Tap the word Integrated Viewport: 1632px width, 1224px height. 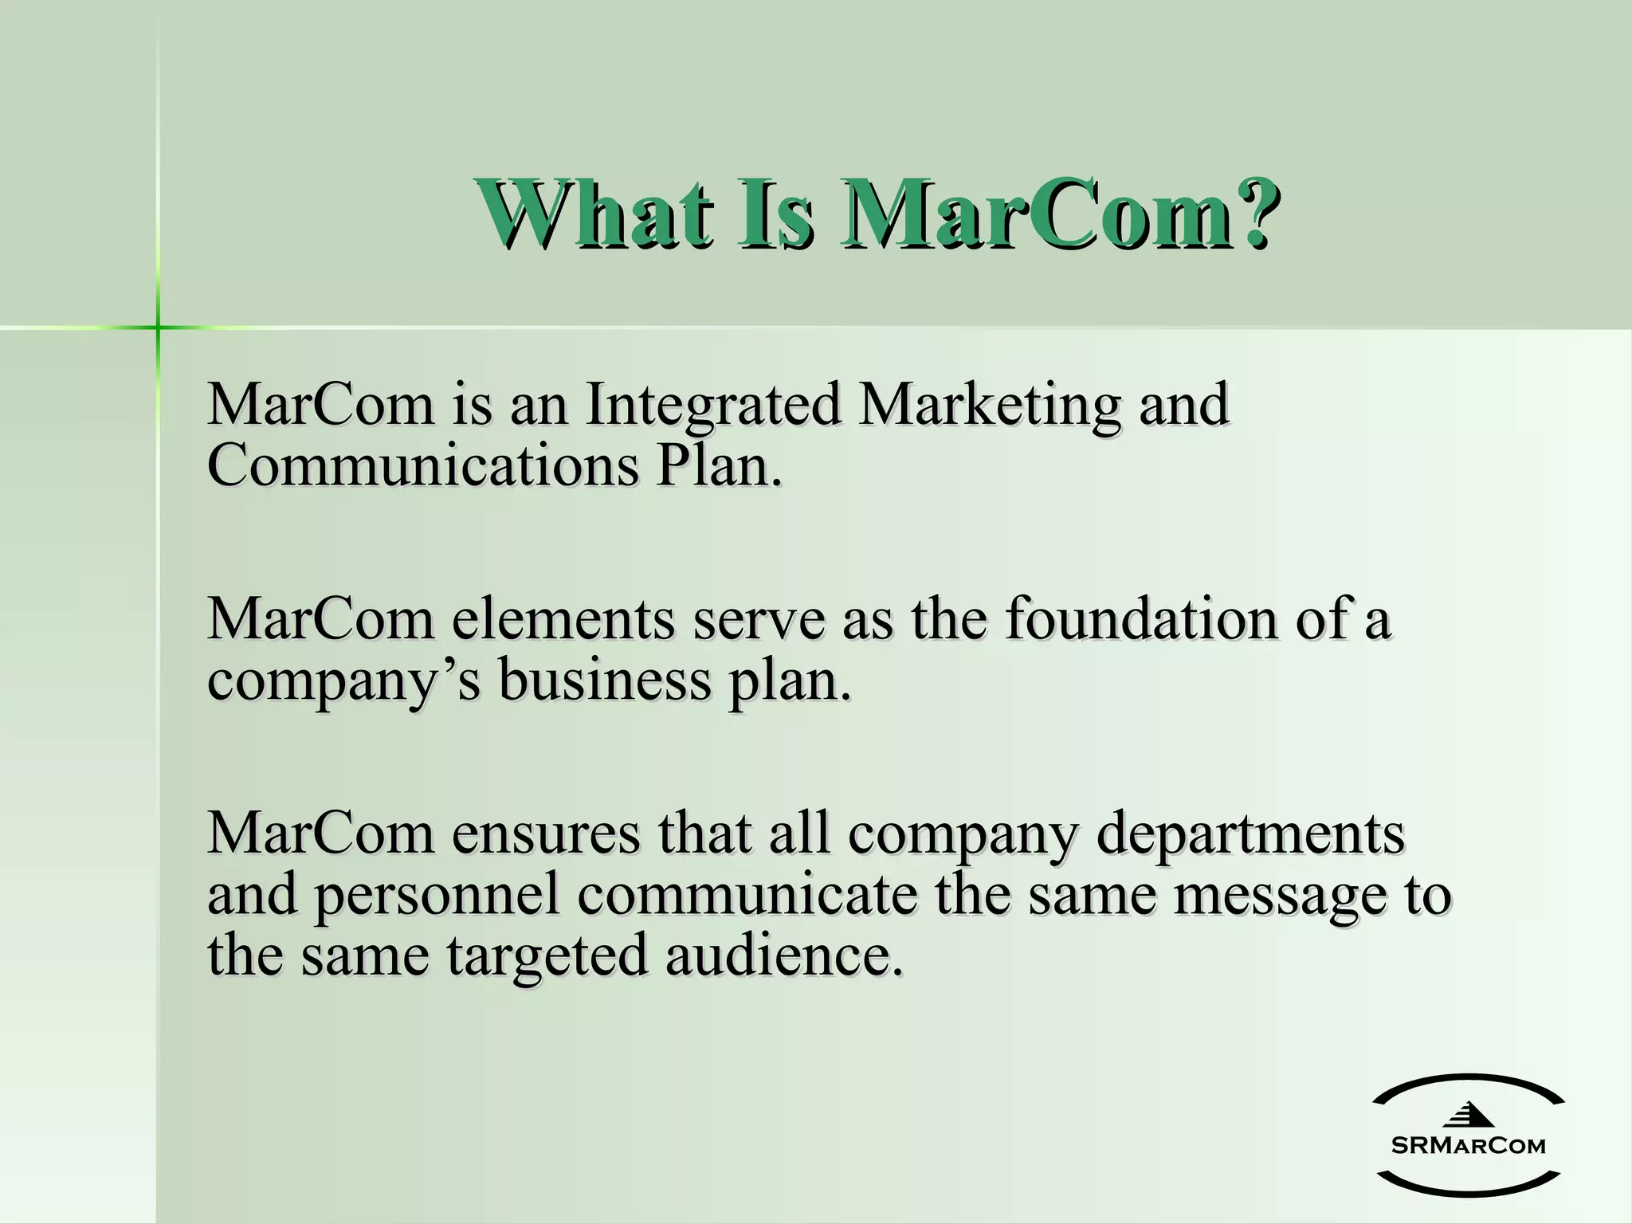click(714, 405)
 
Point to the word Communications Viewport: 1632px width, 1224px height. click(422, 466)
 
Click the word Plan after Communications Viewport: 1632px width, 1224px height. click(717, 466)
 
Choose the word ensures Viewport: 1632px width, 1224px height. click(546, 834)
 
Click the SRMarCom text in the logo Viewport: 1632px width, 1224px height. click(1468, 1146)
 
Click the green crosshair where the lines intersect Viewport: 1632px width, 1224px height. click(158, 327)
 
